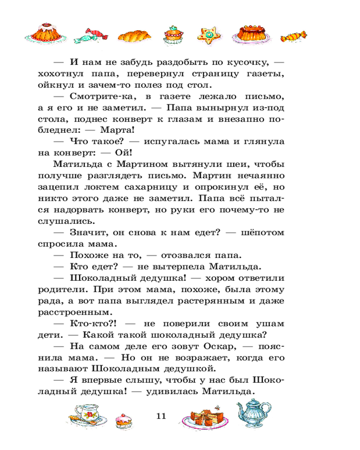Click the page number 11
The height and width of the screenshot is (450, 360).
(x=161, y=416)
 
